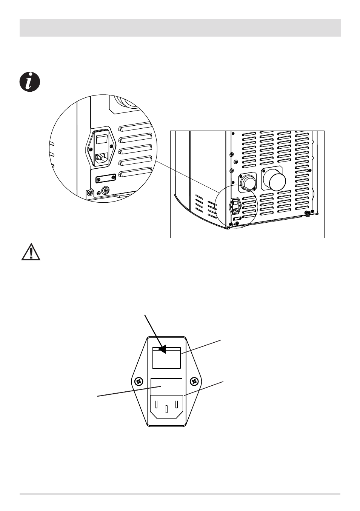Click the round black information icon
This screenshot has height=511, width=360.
click(29, 82)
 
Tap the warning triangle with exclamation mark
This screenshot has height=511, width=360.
click(31, 251)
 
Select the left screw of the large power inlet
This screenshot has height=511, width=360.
click(139, 381)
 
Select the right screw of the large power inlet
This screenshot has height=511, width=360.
click(194, 381)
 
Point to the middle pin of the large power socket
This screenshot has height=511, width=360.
click(166, 409)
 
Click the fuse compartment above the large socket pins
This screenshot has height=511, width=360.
click(166, 386)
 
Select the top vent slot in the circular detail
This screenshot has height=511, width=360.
click(135, 128)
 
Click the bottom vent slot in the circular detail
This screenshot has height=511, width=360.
click(135, 174)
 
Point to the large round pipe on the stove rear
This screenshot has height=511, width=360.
click(275, 182)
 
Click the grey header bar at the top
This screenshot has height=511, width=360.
click(180, 28)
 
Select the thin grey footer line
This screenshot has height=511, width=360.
click(180, 494)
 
